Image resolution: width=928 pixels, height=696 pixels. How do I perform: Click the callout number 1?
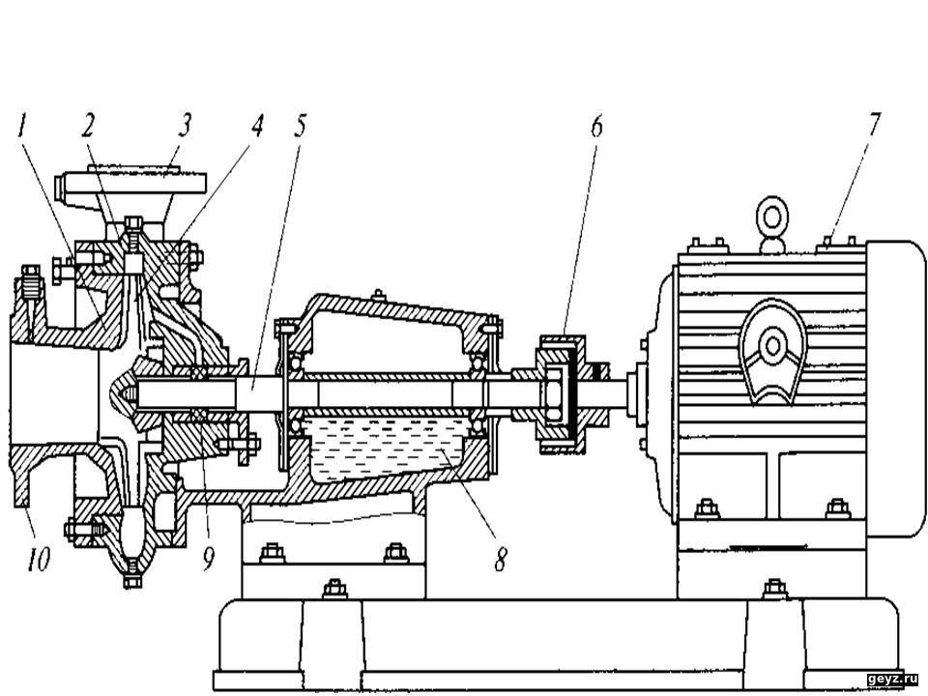coord(22,127)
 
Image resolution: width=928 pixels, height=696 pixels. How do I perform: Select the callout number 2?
coord(88,127)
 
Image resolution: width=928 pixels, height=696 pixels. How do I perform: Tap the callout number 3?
coord(186,126)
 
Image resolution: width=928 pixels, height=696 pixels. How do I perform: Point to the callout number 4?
coord(256,126)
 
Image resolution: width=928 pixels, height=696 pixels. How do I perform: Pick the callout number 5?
coord(300,126)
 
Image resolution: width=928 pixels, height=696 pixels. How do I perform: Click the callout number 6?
coord(596,126)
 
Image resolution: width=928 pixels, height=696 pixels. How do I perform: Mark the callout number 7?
coord(874,124)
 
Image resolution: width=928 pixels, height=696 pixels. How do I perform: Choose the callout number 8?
coord(501,559)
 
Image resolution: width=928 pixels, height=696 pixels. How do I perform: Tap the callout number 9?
coord(208,559)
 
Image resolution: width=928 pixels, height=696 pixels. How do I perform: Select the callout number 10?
coord(38,559)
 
